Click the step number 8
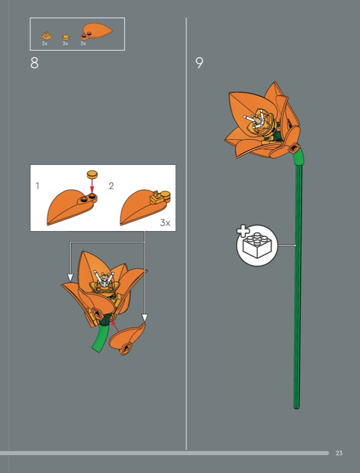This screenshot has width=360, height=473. [x=34, y=63]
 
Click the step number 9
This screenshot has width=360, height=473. [x=199, y=63]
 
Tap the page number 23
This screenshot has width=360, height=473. [x=339, y=453]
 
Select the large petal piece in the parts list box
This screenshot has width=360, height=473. [x=96, y=31]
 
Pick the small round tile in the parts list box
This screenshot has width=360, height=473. [x=66, y=37]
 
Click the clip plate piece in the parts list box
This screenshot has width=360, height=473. [x=47, y=35]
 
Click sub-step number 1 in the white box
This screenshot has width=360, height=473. [x=37, y=186]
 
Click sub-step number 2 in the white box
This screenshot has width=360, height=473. [x=111, y=186]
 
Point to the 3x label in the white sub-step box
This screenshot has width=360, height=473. [x=165, y=223]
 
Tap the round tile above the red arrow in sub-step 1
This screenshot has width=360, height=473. [x=93, y=174]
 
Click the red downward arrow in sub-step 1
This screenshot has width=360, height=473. [x=92, y=184]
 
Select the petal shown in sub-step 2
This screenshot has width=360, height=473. [x=145, y=206]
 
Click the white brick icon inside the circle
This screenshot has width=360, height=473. [x=257, y=245]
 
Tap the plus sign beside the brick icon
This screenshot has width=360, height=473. [x=243, y=231]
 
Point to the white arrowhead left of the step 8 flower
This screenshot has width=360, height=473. [x=70, y=277]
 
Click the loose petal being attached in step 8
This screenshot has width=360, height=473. [x=127, y=339]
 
